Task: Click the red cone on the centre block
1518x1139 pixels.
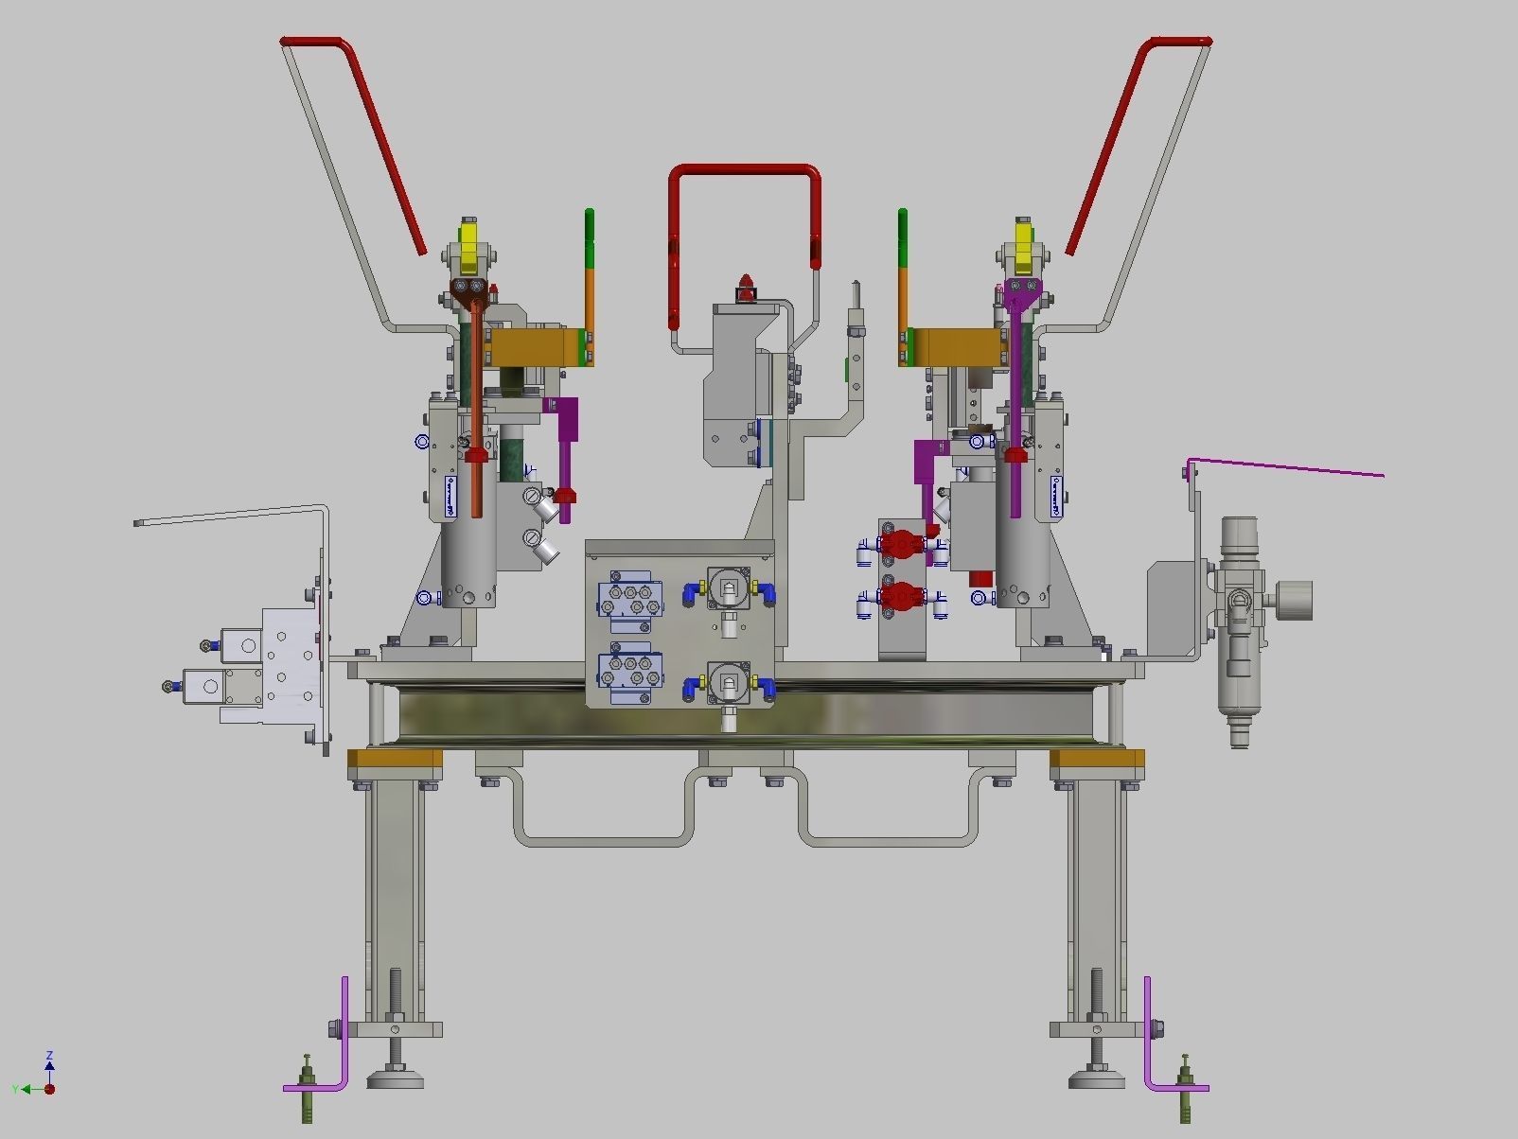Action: pos(747,286)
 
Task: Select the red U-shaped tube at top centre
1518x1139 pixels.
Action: pos(744,170)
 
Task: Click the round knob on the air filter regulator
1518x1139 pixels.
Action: pos(1295,601)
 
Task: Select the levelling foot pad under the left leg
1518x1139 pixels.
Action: pos(395,1078)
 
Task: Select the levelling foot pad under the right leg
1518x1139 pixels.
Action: pos(1097,1078)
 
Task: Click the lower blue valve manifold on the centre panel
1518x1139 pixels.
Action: pos(629,669)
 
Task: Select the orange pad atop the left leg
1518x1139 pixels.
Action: pos(395,759)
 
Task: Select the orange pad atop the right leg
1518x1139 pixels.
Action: pos(1097,759)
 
